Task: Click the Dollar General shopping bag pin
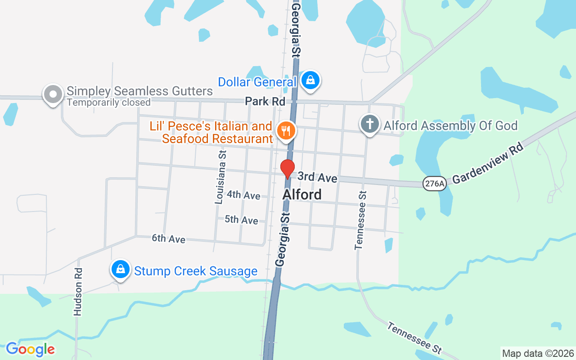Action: coord(310,81)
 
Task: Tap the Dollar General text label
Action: coord(257,82)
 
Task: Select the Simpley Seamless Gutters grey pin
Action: coord(53,94)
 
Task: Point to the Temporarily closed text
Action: coord(108,103)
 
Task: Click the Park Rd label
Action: coord(265,102)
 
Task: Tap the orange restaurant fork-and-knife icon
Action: coord(286,131)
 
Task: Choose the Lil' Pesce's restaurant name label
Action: coord(211,132)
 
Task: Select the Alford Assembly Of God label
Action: coord(450,126)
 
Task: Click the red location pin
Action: coord(287,168)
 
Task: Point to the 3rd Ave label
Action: coord(317,177)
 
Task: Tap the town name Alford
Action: coord(302,194)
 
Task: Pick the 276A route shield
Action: coord(434,183)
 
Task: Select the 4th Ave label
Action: coord(243,195)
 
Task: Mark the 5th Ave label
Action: coord(241,220)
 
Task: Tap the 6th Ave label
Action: coord(168,238)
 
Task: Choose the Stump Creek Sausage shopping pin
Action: coord(120,270)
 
